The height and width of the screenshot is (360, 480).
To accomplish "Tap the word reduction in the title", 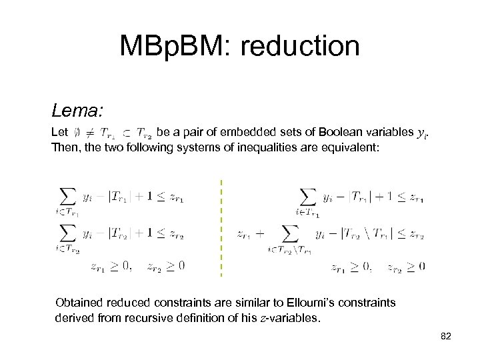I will [303, 46].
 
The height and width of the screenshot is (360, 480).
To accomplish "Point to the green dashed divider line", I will [221, 227].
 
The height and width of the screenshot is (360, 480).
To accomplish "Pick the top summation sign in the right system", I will [307, 197].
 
